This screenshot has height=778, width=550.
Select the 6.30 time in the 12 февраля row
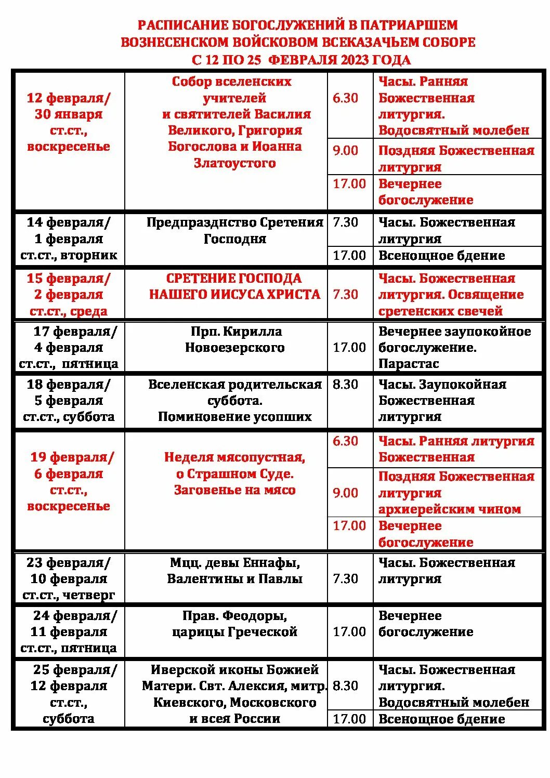tap(345, 98)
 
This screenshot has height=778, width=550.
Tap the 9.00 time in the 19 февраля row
tap(345, 493)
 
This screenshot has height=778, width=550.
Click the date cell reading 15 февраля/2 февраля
tap(69, 294)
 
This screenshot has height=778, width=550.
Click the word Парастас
tap(409, 364)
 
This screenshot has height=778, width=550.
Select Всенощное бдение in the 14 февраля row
tap(441, 256)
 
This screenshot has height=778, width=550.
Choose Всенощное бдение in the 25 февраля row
tap(441, 719)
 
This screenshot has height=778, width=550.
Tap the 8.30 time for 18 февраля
tap(345, 385)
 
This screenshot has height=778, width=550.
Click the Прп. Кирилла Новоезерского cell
tap(234, 339)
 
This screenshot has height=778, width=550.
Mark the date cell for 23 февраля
tap(69, 578)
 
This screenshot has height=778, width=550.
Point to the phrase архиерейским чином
tap(449, 509)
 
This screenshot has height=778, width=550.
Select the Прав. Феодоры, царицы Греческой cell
tap(234, 624)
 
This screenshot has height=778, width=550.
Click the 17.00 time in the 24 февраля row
tap(349, 632)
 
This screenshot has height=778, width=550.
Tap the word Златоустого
tap(234, 163)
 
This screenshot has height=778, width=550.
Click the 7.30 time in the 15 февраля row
tap(345, 294)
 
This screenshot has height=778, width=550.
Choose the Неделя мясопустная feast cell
tap(234, 473)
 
